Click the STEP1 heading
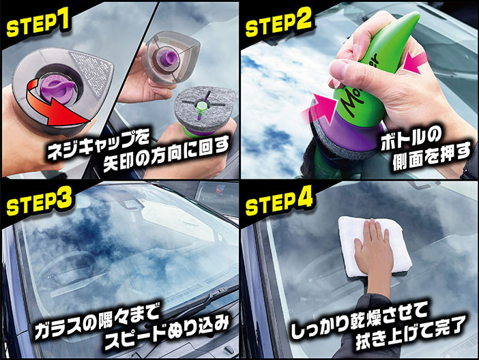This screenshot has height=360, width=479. click(38, 23)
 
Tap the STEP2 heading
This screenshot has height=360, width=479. click(278, 23)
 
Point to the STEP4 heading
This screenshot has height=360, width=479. click(279, 202)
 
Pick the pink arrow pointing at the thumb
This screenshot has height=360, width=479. click(416, 63)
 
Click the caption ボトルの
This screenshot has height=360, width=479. click(411, 139)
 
